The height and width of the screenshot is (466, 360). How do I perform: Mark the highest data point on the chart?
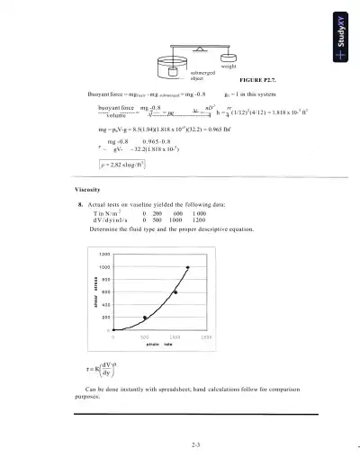click(x=187, y=267)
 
